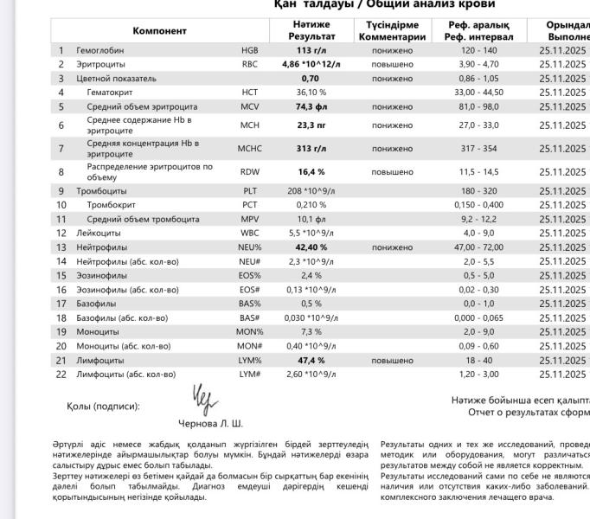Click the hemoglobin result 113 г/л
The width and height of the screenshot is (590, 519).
[311, 51]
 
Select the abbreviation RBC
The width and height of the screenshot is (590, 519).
[249, 65]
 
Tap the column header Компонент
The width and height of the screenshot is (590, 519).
[159, 31]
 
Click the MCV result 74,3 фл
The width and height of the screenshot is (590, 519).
[311, 107]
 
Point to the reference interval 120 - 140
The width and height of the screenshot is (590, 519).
[478, 51]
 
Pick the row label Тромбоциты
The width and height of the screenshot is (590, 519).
[101, 190]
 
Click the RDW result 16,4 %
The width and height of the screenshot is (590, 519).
[311, 172]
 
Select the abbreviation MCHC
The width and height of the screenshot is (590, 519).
[249, 149]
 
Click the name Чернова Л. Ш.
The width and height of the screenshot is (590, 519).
[210, 424]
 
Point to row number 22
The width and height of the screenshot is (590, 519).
[61, 375]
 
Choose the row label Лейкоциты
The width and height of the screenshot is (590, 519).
[99, 234]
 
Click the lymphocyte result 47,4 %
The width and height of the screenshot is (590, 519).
[311, 361]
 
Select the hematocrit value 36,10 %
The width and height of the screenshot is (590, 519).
[311, 92]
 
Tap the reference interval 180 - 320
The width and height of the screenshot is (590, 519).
[478, 190]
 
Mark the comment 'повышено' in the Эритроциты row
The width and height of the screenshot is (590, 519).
[392, 65]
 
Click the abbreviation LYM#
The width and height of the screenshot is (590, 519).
[249, 375]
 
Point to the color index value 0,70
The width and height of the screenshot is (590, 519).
[311, 78]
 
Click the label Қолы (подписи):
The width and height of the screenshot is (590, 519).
[102, 406]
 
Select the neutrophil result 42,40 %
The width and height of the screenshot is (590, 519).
[311, 247]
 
